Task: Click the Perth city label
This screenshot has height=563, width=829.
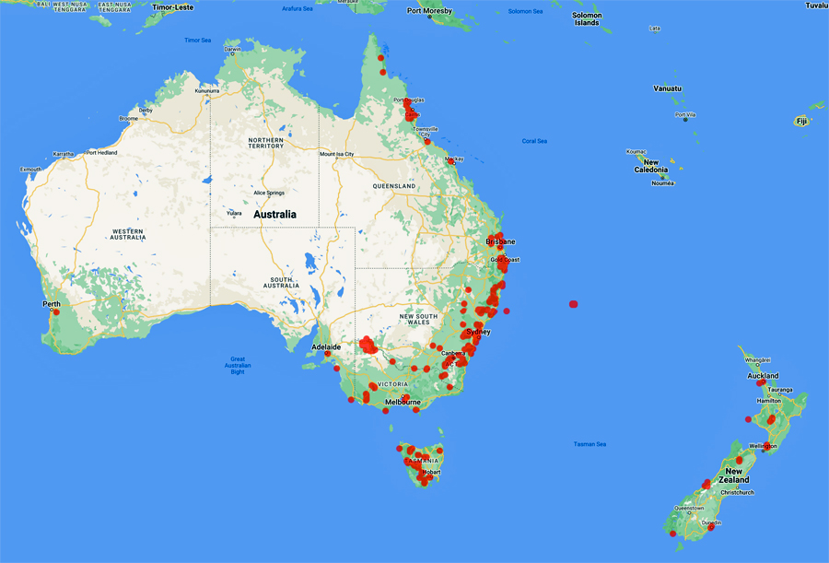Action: pyautogui.click(x=51, y=303)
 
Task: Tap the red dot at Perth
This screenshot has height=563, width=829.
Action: pyautogui.click(x=56, y=312)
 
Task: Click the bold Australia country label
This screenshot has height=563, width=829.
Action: pyautogui.click(x=274, y=214)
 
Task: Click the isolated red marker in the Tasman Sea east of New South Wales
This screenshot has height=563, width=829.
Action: pyautogui.click(x=574, y=303)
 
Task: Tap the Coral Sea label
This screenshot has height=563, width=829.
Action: pyautogui.click(x=534, y=141)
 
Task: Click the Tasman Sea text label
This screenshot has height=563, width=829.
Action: pyautogui.click(x=590, y=444)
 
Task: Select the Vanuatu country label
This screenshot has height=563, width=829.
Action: pyautogui.click(x=668, y=88)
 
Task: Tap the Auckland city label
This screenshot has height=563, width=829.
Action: pyautogui.click(x=764, y=376)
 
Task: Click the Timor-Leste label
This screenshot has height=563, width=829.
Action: pyautogui.click(x=175, y=6)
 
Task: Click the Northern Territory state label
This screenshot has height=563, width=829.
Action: pyautogui.click(x=267, y=142)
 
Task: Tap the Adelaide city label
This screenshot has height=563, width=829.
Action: pyautogui.click(x=327, y=346)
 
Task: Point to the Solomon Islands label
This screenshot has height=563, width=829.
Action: pyautogui.click(x=587, y=18)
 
